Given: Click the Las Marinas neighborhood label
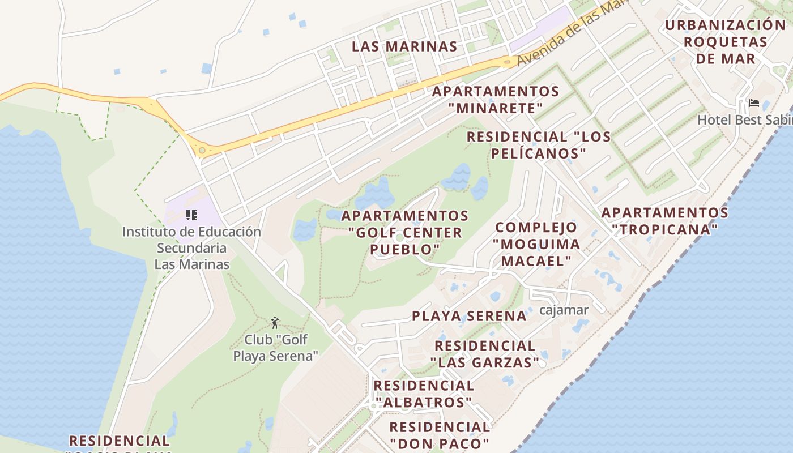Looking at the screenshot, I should [404, 46].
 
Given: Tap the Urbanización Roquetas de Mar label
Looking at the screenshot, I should [726, 42].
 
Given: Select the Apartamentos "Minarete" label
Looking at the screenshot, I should [496, 100].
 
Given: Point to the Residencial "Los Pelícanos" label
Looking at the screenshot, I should [539, 145].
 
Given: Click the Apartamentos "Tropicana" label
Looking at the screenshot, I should [665, 221].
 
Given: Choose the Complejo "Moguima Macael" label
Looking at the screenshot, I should [536, 244].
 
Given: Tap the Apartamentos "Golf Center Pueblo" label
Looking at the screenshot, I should [405, 232].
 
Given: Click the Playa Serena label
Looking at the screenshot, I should [469, 316].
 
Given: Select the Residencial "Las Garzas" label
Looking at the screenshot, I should [485, 354].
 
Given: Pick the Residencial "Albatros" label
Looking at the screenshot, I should [424, 394].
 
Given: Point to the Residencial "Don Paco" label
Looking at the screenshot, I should [440, 435].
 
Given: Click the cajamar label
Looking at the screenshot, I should [564, 310].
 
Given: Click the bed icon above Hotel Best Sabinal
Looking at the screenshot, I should [754, 103].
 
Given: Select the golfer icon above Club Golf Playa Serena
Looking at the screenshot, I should [275, 323].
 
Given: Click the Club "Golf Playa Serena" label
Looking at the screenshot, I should [276, 348].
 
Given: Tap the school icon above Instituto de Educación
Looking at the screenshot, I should [191, 215].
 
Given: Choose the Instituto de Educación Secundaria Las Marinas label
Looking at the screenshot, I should [192, 248].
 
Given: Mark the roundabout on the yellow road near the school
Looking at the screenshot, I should [202, 151].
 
